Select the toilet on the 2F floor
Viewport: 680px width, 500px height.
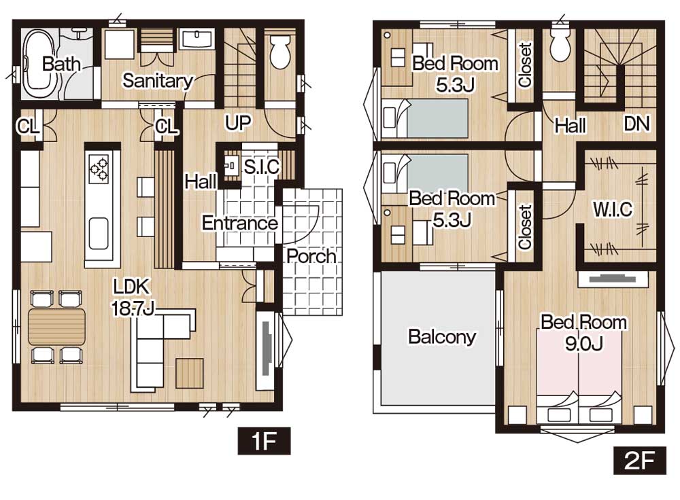(560, 43)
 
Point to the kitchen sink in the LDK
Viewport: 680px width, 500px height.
(99, 233)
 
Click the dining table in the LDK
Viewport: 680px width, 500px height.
(57, 327)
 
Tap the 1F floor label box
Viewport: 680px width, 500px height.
(264, 441)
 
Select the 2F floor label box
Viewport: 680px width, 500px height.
(639, 460)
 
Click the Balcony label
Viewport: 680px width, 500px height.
(442, 337)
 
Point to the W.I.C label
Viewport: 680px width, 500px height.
(613, 209)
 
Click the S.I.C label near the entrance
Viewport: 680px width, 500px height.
(262, 167)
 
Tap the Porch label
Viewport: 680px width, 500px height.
(311, 256)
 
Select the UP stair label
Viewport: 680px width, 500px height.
(237, 123)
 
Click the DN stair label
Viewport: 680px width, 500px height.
(636, 124)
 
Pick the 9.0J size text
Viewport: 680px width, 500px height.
(583, 344)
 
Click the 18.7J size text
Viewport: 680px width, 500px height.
(133, 308)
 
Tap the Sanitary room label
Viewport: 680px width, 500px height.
(158, 81)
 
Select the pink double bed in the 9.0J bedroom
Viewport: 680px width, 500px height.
(579, 376)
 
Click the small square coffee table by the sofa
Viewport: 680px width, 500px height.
(190, 373)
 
